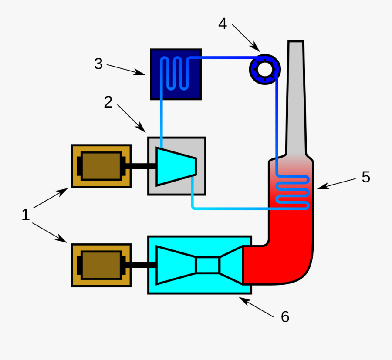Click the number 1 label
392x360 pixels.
tap(26, 215)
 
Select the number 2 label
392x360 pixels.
tap(108, 102)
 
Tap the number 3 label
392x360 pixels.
tap(98, 64)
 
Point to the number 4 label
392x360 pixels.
tap(223, 24)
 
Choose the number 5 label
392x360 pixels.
tap(365, 177)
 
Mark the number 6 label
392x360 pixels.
tap(285, 316)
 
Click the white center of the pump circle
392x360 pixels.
tap(264, 69)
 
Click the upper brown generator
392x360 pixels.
tap(101, 166)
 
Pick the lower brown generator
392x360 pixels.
tap(101, 265)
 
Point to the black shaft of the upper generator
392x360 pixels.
tap(139, 166)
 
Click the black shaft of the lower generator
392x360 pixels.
tap(139, 265)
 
